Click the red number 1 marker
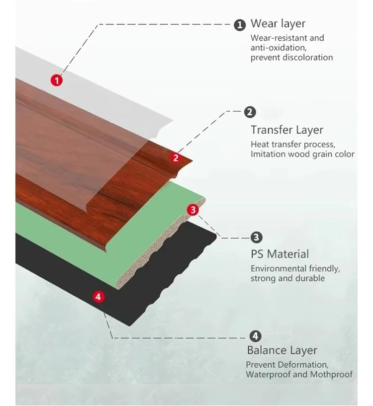coord(57,80)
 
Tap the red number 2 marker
coord(176,158)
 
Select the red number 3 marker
coord(193,210)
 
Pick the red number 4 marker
coord(98,297)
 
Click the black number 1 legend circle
coord(240,25)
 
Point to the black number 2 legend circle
coord(250,112)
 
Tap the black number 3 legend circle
coord(256,237)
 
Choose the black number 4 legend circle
coord(255,336)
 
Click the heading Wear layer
coord(278,24)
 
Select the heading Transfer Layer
coord(287,130)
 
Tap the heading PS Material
coord(280,254)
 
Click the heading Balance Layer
coord(282,350)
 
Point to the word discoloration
coord(308,57)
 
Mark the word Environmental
coord(279,268)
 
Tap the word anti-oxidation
coord(279,48)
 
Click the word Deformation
coord(303,365)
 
